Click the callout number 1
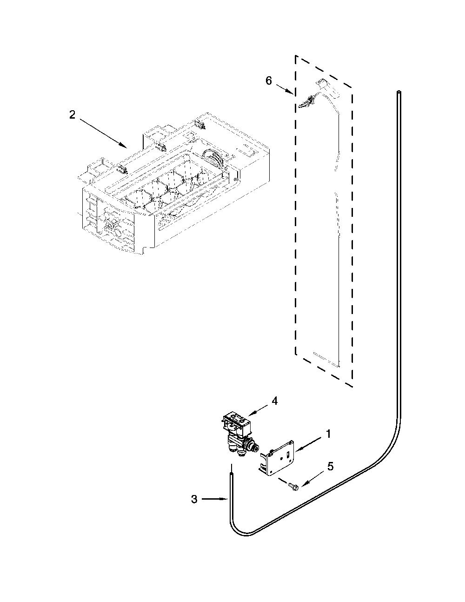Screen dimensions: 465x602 [x=328, y=434]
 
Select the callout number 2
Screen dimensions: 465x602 [x=72, y=115]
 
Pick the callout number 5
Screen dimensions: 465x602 [x=330, y=466]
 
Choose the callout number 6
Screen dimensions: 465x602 [x=269, y=80]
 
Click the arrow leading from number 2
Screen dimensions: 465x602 [x=104, y=133]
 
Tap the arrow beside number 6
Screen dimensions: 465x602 [x=284, y=90]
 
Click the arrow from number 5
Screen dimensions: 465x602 [x=313, y=478]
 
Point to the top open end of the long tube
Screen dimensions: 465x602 [x=399, y=91]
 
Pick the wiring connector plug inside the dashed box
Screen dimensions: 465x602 [x=307, y=101]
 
